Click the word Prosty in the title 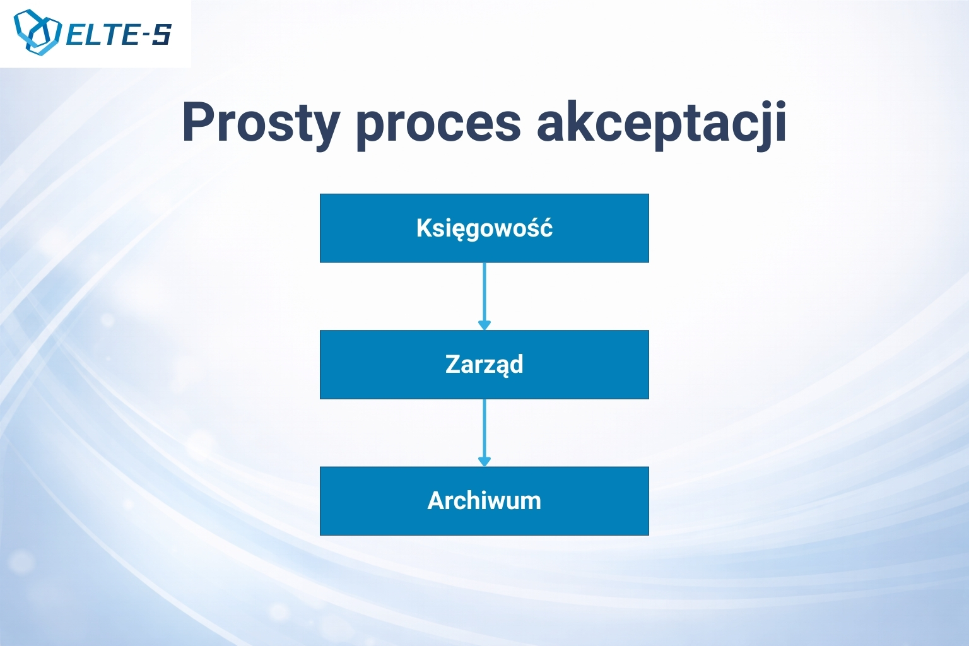[261, 124]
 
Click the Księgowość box [484, 228]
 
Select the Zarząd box [484, 365]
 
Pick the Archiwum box [484, 501]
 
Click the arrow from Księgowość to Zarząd [484, 297]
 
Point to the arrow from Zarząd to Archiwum [484, 433]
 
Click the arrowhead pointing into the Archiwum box [484, 462]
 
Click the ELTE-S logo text [119, 35]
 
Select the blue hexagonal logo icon [37, 32]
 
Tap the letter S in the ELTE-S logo [161, 35]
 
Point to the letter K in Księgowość [425, 228]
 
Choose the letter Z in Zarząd [454, 365]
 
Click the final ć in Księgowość [546, 227]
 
